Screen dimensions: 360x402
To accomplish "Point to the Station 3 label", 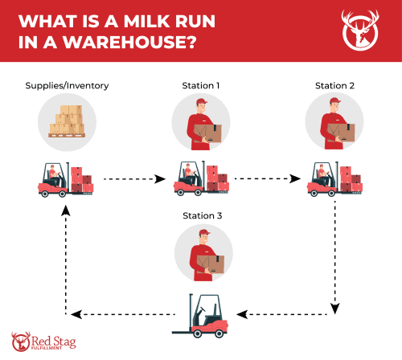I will click(201, 216).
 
